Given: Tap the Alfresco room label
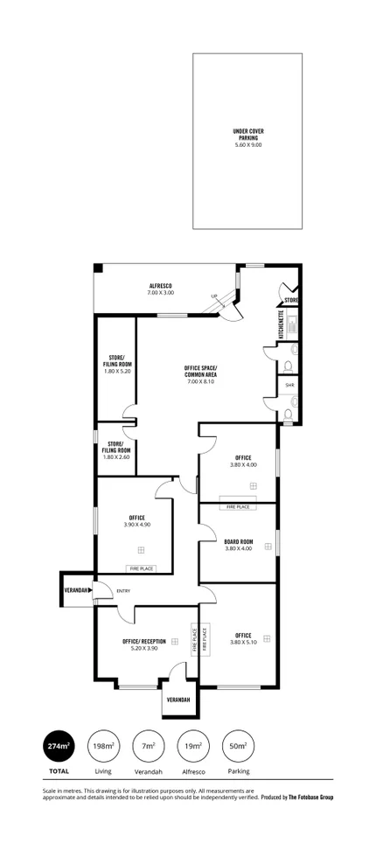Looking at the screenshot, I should pos(159,290).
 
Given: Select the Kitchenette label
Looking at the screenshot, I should pos(281,324).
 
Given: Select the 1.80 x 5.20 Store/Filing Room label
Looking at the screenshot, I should pos(116,364).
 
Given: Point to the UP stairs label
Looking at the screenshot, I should pos(213,296).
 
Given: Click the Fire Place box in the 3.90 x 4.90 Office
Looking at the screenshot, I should pos(142,568).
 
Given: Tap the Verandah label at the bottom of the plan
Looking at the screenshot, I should pos(178,700).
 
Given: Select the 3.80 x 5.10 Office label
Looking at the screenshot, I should pos(242,638).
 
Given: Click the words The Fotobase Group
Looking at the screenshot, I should pos(310,797).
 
